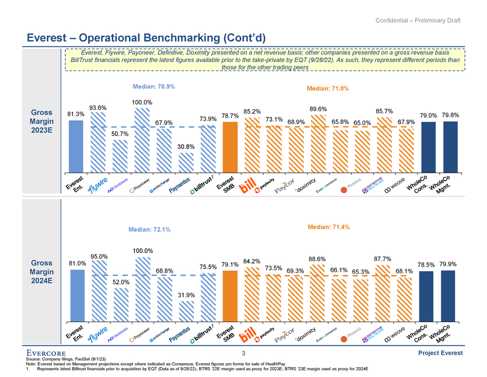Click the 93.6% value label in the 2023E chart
(x=97, y=108)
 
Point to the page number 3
(x=244, y=353)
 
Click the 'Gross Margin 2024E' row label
(x=43, y=272)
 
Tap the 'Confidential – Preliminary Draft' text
(x=418, y=21)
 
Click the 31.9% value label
(x=186, y=295)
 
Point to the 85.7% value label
(x=384, y=110)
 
